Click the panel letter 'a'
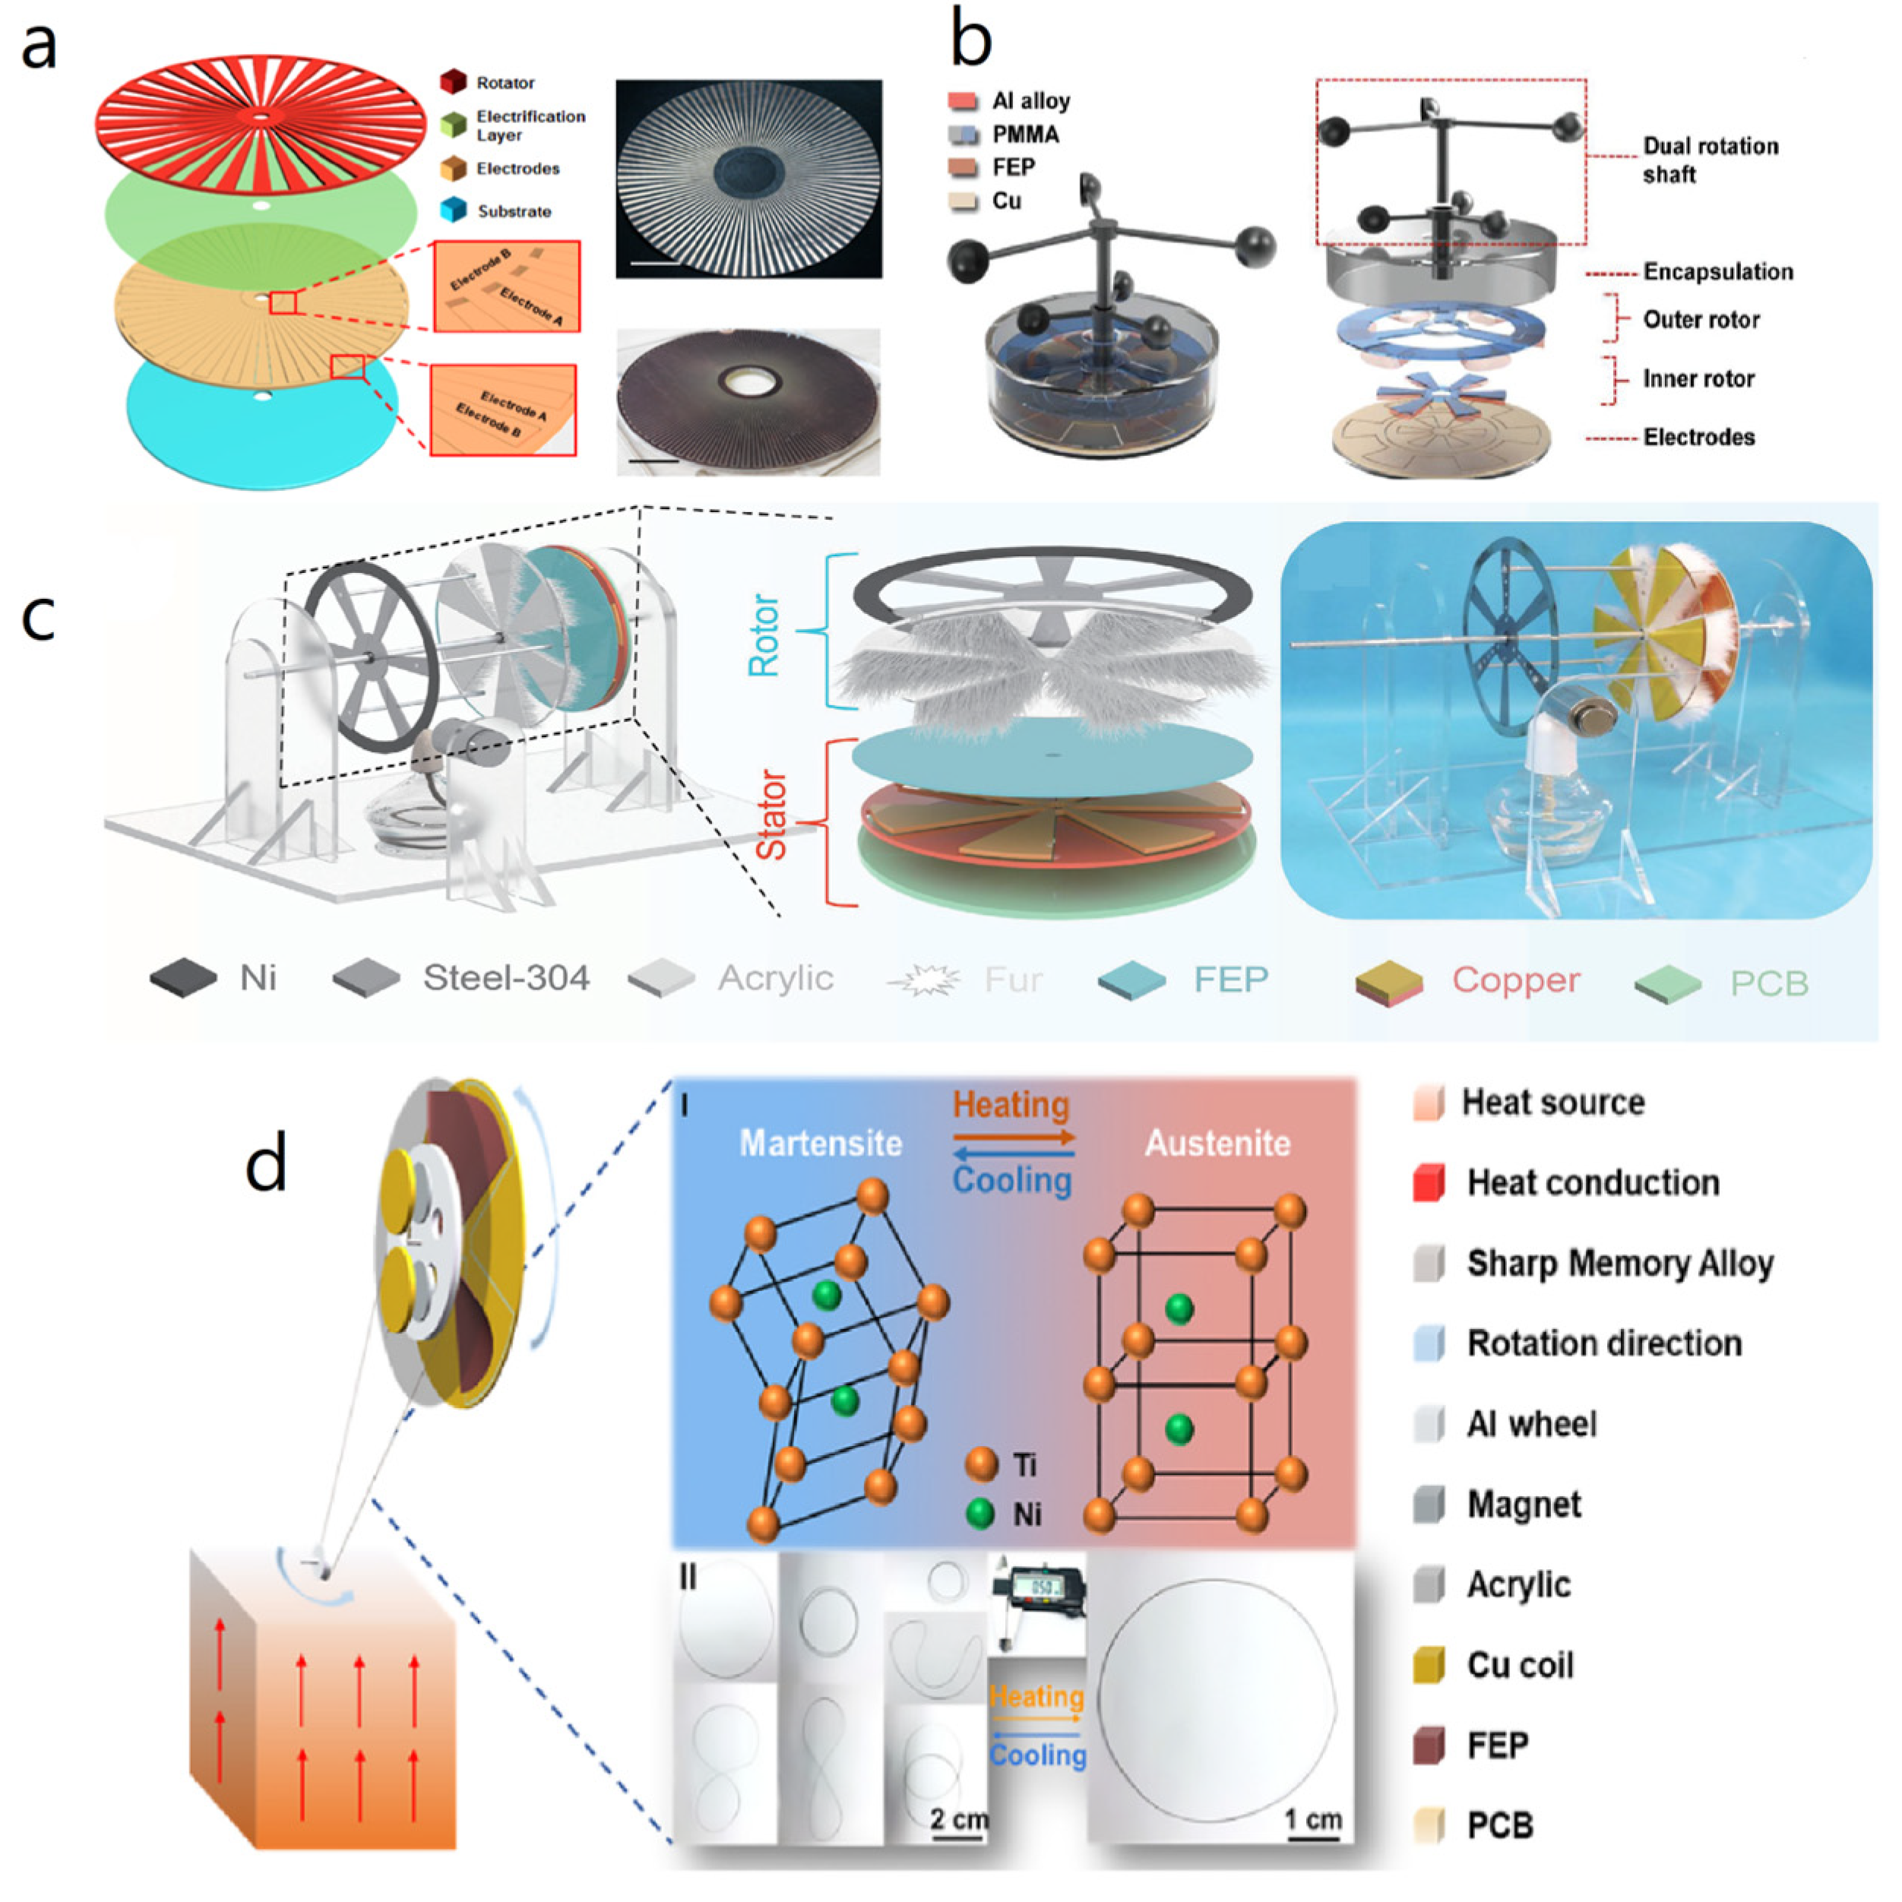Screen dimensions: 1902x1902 pos(39,47)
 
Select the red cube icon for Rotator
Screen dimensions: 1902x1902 pos(453,82)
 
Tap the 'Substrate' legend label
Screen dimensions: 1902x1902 pos(514,212)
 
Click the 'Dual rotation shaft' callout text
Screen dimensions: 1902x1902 pos(1710,160)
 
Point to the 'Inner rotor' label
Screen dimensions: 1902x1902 pos(1698,379)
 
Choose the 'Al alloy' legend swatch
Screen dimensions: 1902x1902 pos(963,101)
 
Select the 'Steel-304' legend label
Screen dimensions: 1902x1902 pos(506,977)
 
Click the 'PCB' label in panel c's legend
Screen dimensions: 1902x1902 pos(1769,983)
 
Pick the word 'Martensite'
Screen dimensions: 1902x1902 pos(820,1143)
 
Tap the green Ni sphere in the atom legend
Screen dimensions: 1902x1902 pos(980,1513)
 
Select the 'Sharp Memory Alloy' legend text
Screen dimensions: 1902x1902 pos(1619,1263)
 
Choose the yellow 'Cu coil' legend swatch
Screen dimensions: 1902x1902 pos(1429,1665)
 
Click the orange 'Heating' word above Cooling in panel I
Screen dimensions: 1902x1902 pos(1011,1105)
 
